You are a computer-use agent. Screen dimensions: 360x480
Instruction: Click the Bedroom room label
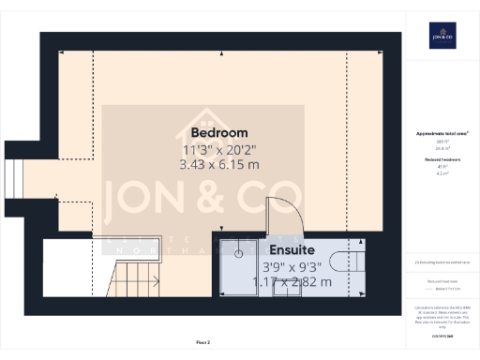220,131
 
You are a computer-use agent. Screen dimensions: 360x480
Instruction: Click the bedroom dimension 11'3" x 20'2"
220,149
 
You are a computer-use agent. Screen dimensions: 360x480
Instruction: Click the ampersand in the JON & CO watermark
204,198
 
